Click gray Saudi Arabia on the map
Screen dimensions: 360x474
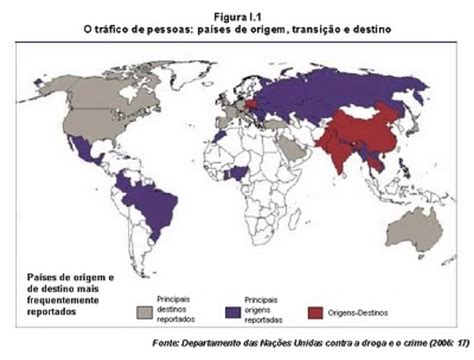[x=290, y=153]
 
